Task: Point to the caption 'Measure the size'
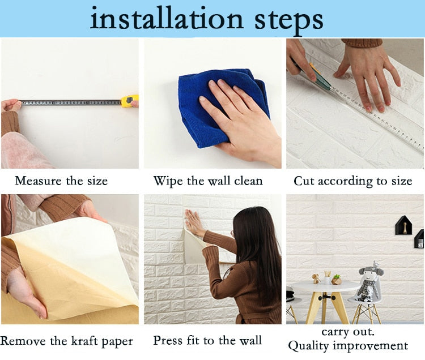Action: click(x=61, y=181)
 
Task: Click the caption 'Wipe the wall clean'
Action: click(x=208, y=181)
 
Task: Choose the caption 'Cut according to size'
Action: click(x=352, y=181)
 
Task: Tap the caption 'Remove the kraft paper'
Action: click(x=67, y=341)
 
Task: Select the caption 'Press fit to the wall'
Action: click(x=207, y=341)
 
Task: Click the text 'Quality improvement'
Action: click(x=348, y=345)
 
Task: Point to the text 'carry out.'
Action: click(x=348, y=331)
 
